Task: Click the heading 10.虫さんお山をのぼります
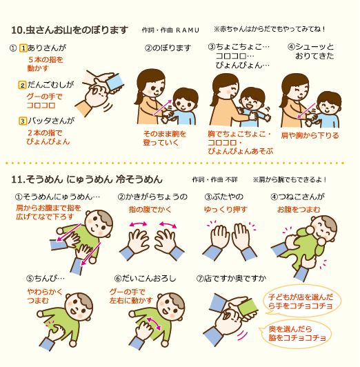[70, 30]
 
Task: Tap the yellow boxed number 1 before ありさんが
[23, 49]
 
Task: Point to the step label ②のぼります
[168, 48]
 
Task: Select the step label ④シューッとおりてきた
[312, 52]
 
